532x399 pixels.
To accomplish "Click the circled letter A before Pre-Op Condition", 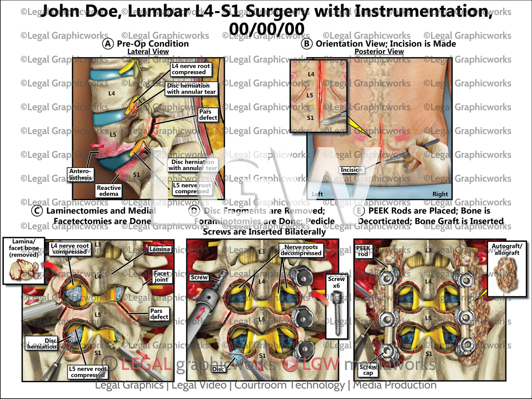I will click(108, 44).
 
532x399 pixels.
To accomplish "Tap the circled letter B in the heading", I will click(306, 44).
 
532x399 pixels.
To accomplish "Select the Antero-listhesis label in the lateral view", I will click(80, 174).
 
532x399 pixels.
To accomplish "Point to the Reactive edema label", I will click(109, 191).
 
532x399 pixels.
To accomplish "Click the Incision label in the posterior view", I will click(352, 170).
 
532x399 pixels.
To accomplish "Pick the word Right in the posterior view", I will click(440, 194).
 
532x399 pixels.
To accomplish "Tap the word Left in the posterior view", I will click(317, 194).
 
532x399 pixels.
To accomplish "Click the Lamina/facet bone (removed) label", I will click(24, 248).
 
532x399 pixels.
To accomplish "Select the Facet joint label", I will click(161, 276).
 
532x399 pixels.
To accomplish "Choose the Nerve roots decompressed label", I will click(301, 250).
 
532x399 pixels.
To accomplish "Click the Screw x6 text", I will click(336, 282).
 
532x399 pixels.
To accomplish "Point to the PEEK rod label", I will click(363, 251).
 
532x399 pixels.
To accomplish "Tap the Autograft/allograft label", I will click(507, 249).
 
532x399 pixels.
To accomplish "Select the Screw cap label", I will click(368, 370).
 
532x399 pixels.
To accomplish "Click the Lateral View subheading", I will click(148, 52).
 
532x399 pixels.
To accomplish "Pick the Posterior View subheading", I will click(379, 52).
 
